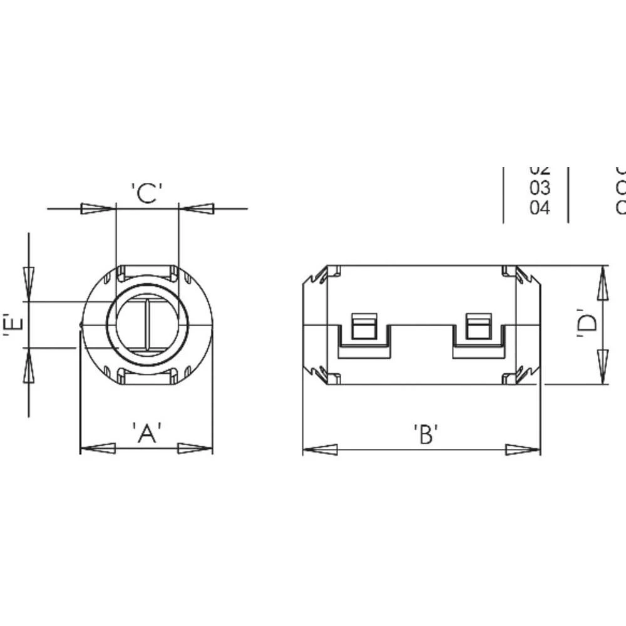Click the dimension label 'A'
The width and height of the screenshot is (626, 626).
[x=147, y=433]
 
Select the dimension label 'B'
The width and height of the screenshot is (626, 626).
[x=426, y=434]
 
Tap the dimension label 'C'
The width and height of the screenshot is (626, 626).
[x=147, y=193]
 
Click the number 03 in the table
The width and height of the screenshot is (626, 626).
[x=540, y=188]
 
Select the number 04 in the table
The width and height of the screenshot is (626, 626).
[x=540, y=207]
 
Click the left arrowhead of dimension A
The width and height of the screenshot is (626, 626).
[x=98, y=448]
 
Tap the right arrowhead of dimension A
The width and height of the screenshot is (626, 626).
[x=195, y=448]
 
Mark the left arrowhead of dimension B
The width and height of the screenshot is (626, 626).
[x=320, y=449]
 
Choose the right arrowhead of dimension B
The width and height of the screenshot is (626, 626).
[x=523, y=449]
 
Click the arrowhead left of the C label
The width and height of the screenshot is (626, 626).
[x=98, y=208]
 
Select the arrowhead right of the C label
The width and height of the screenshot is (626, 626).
[x=197, y=208]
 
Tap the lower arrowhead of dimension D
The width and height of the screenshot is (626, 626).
[x=602, y=367]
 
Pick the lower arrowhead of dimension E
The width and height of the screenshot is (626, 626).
[x=29, y=366]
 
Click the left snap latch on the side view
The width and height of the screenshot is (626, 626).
[x=364, y=327]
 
